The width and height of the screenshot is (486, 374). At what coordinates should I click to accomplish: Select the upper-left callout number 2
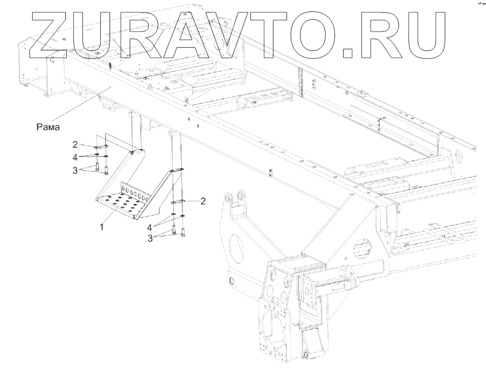[x=76, y=144]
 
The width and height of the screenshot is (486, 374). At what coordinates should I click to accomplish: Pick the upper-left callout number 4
[x=76, y=156]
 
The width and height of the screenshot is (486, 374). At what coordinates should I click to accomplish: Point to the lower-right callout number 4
[x=150, y=227]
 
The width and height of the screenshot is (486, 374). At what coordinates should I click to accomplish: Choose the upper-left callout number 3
[x=76, y=170]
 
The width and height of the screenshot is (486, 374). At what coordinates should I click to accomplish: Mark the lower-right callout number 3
[x=151, y=238]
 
